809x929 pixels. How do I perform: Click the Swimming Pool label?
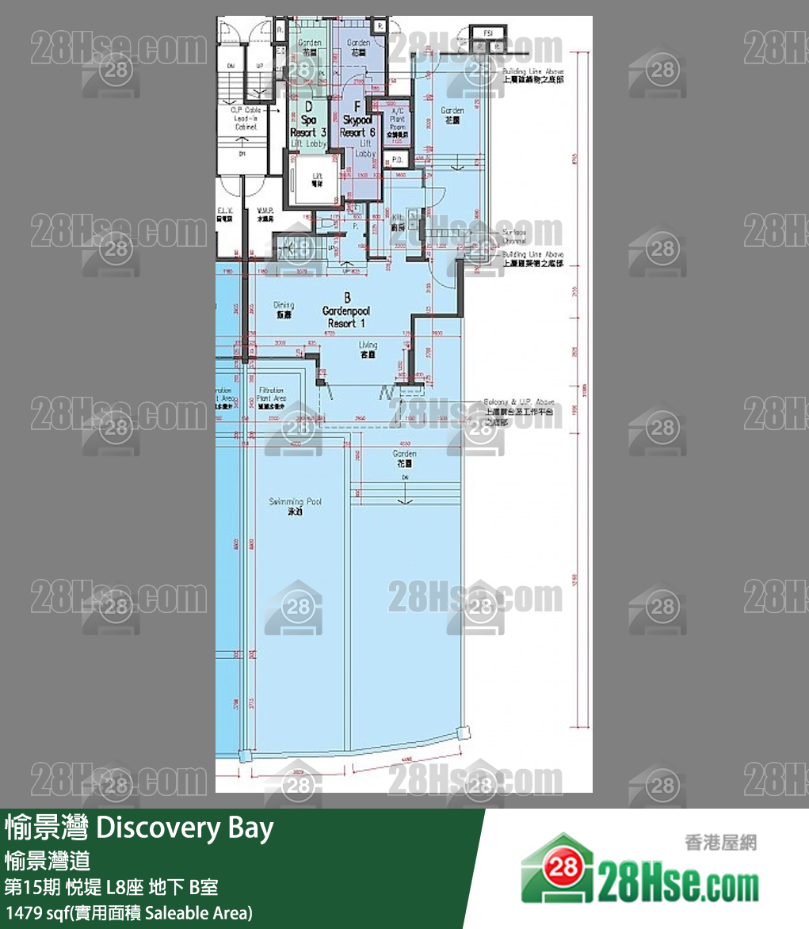(x=296, y=506)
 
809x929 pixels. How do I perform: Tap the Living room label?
(x=368, y=349)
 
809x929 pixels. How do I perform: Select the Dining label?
(x=284, y=309)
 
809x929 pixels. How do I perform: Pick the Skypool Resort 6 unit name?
(x=358, y=126)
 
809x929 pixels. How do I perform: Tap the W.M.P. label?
(x=265, y=215)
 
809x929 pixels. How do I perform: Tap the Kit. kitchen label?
(x=399, y=220)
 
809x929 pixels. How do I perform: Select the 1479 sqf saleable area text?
(x=128, y=912)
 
